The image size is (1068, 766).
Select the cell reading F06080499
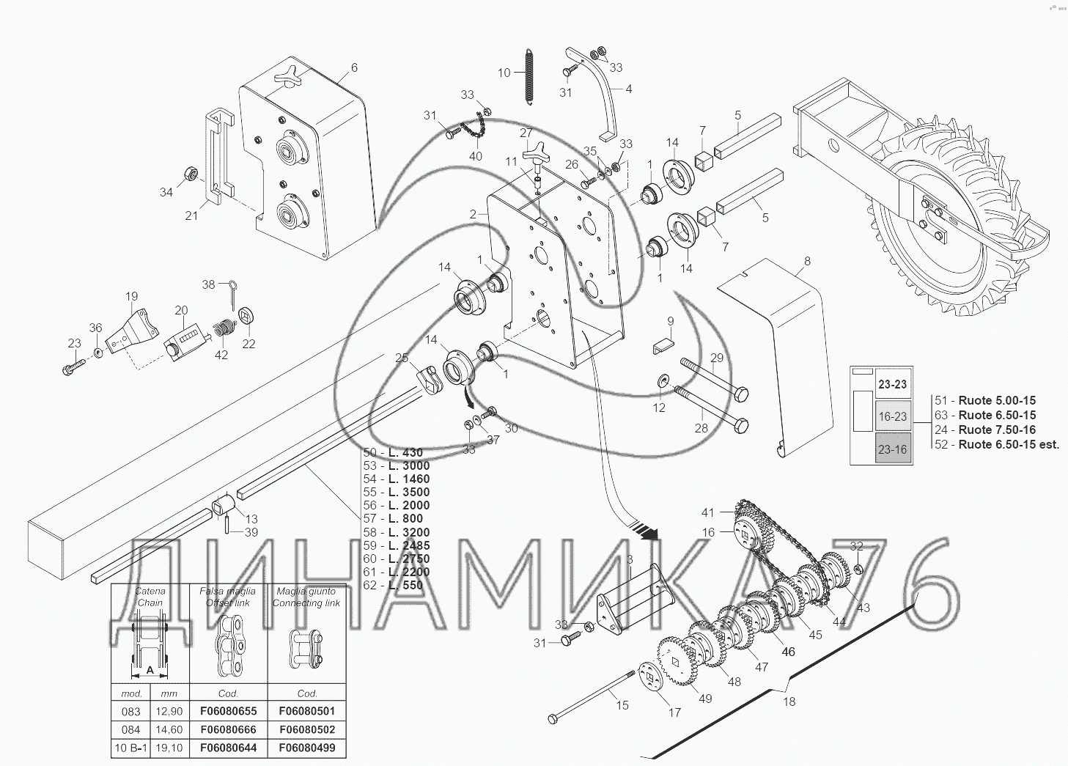tap(307, 748)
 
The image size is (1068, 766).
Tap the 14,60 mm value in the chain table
tap(169, 730)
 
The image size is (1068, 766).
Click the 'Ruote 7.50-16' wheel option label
tap(997, 430)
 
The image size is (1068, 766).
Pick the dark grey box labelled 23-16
tap(892, 449)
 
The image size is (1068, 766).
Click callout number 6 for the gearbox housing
tap(354, 67)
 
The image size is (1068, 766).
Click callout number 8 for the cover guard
tap(807, 261)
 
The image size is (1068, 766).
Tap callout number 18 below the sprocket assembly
tap(789, 701)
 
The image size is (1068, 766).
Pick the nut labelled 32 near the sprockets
tap(858, 570)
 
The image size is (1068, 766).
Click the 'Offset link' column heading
tap(229, 597)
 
